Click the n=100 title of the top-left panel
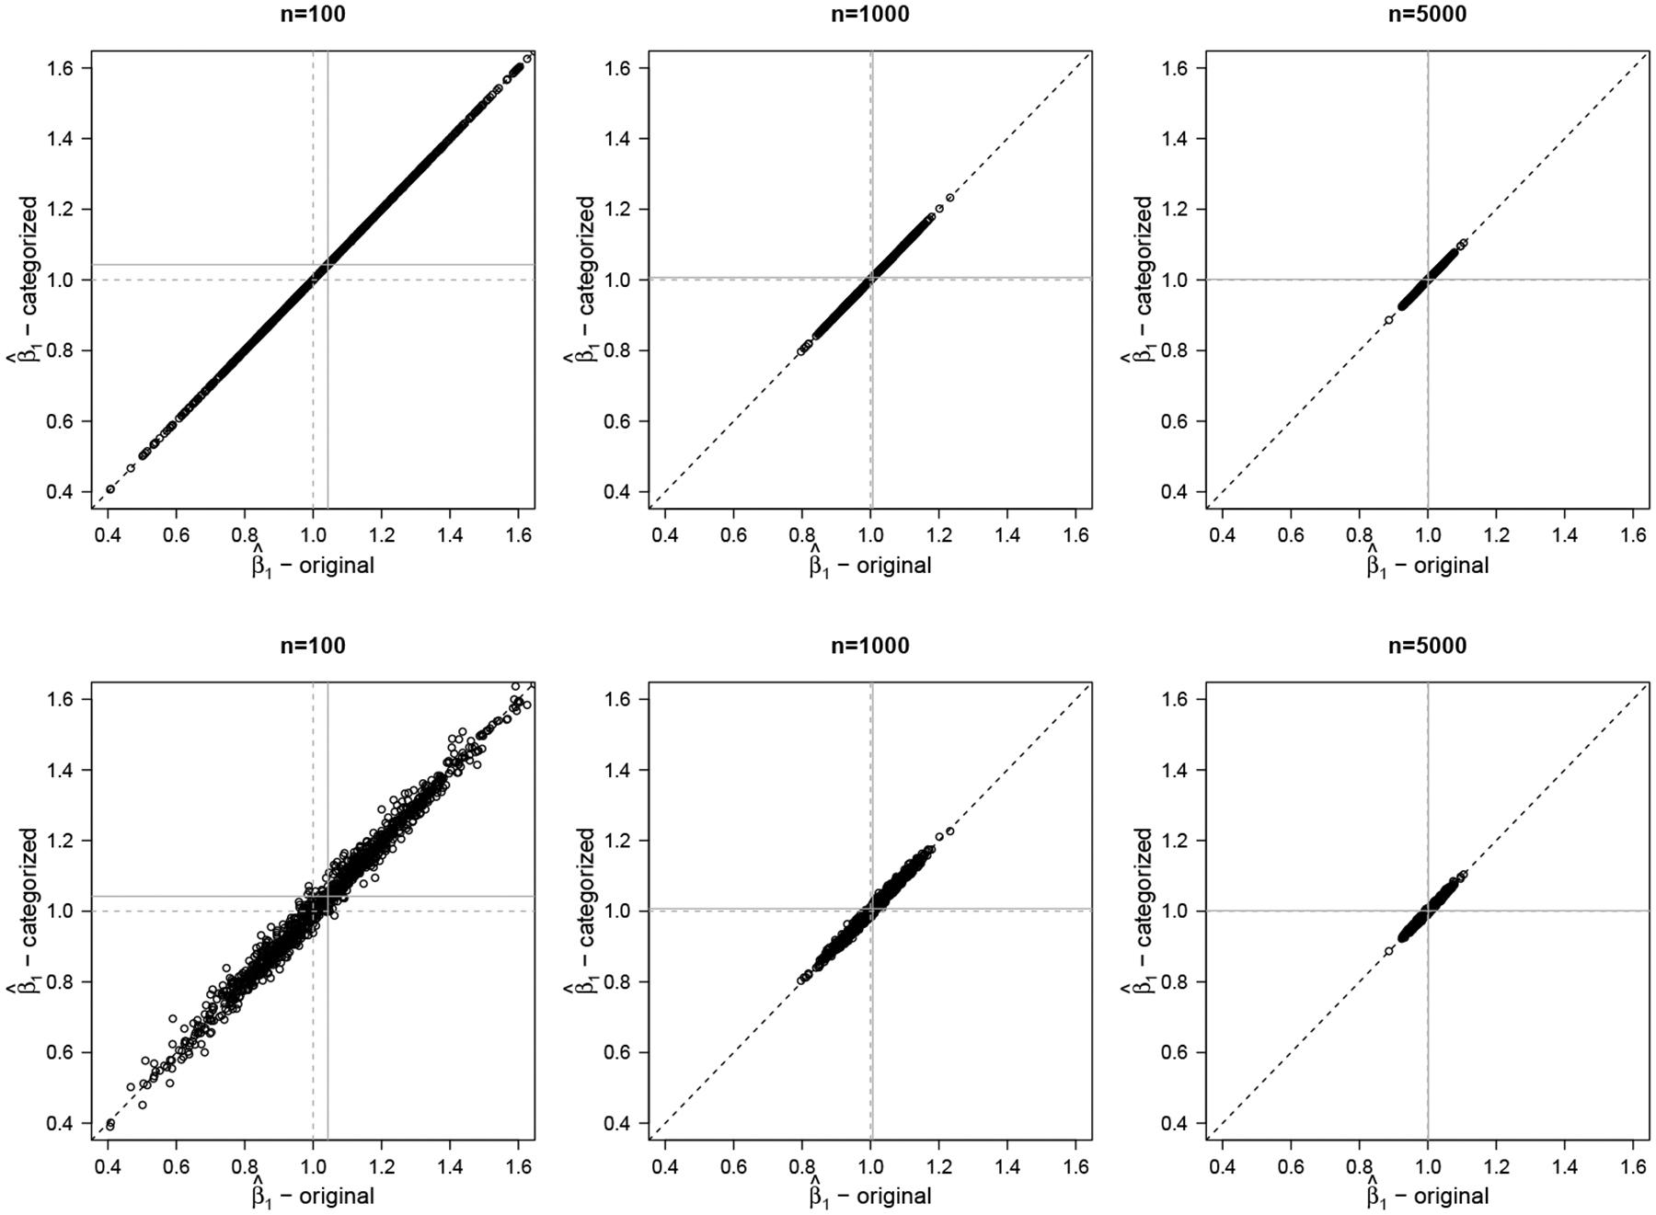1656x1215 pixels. coord(313,15)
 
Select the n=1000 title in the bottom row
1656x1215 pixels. coord(869,646)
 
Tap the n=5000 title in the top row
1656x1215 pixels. coord(1427,15)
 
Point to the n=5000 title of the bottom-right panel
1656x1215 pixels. coord(1427,646)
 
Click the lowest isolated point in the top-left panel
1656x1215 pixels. coord(110,489)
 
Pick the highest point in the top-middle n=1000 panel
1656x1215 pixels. coord(950,198)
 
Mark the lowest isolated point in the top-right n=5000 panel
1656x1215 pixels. coord(1388,320)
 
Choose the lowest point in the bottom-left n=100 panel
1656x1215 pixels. coord(110,1125)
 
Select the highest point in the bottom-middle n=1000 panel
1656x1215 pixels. coord(950,831)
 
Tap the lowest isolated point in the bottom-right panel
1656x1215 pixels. coord(1388,951)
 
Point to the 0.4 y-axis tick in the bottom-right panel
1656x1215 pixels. coord(1183,1123)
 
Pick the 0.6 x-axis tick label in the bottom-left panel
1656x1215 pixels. coord(176,1166)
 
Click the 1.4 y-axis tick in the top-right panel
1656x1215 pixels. coord(1183,139)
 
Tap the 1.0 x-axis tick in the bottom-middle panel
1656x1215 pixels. coord(870,1166)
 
